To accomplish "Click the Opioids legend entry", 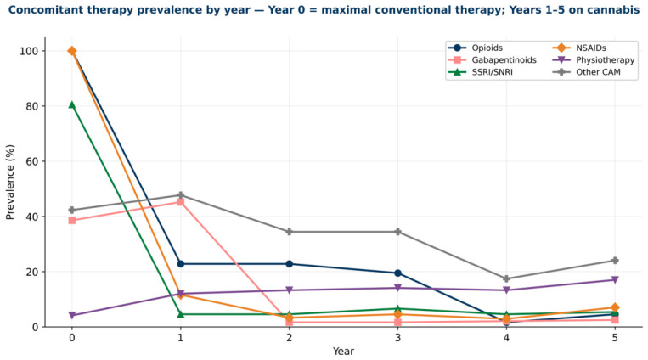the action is coord(476,48).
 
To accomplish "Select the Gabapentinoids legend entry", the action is coord(493,60).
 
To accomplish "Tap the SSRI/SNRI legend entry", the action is coord(480,72).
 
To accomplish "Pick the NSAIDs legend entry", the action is coord(579,48).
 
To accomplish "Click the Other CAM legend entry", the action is coord(586,72).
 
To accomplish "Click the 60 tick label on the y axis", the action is coord(32,161).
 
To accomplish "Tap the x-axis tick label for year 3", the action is coord(397,338).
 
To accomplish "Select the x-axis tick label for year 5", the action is coord(615,338).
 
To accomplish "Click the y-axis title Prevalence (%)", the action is coord(10,182).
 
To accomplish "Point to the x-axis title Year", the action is coord(343,352).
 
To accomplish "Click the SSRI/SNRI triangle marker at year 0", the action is coord(72,105).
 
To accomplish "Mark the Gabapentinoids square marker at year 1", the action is coord(181,202).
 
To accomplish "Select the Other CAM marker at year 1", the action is coord(181,195).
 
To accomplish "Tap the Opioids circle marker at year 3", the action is coord(397,273).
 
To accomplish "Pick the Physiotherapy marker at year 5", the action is coord(615,280).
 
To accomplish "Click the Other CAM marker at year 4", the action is coord(506,279).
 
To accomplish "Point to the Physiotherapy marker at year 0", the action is coord(72,315).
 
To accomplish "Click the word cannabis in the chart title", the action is coord(617,9).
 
